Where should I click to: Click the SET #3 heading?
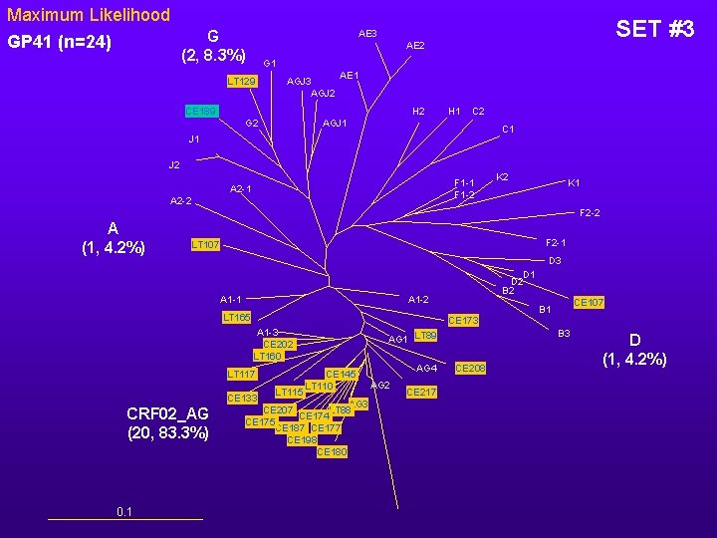point(654,29)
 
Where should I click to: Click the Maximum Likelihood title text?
point(89,16)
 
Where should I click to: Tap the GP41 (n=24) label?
point(59,43)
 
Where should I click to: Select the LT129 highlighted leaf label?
point(241,81)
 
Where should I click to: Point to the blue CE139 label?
point(203,111)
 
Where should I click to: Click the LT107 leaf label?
point(205,244)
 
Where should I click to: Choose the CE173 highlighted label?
point(464,320)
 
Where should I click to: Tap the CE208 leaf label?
point(470,369)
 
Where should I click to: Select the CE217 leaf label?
point(421,392)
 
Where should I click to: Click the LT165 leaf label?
point(235,317)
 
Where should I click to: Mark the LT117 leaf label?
point(241,374)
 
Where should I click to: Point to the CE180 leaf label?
point(332,452)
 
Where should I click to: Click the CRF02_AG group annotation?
point(168,422)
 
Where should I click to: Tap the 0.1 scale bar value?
point(124,512)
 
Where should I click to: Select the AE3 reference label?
point(367,34)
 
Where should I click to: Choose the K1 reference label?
point(574,183)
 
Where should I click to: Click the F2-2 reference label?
point(590,212)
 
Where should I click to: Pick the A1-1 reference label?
point(230,299)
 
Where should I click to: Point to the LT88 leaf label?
point(425,335)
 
